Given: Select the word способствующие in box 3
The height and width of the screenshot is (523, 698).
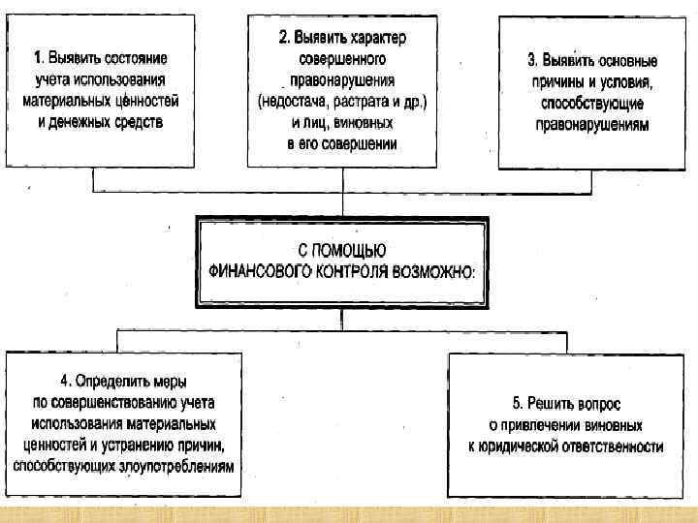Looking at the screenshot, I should [x=588, y=105].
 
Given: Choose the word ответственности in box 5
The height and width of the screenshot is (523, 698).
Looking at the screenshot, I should [x=613, y=446].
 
